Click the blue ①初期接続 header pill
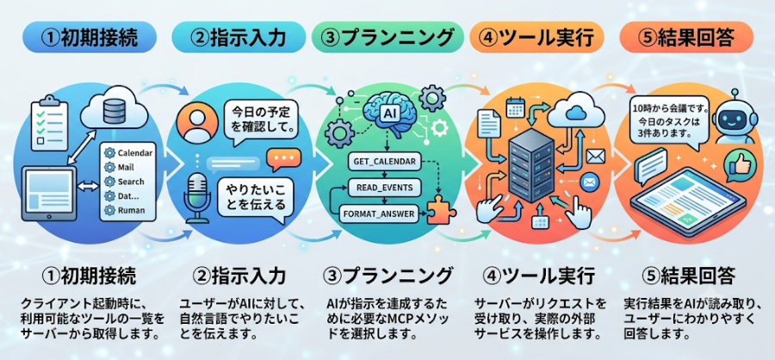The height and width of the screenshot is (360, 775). (90, 38)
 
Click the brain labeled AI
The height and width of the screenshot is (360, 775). (388, 113)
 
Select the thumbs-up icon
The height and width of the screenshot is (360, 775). (736, 166)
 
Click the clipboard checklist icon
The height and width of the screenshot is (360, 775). (49, 123)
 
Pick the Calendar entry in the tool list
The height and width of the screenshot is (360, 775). (128, 152)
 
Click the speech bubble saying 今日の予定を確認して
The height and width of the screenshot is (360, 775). (259, 121)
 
